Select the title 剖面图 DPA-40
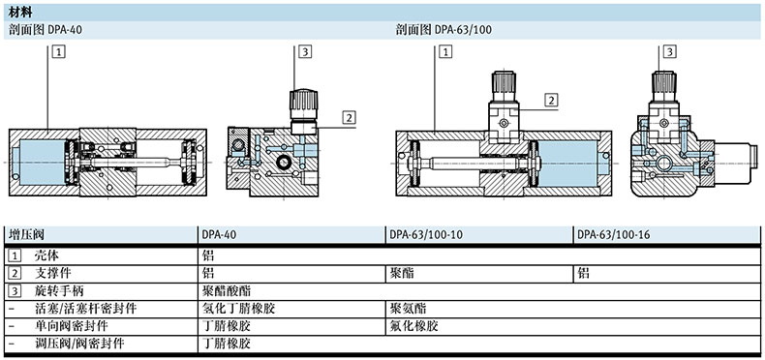46,30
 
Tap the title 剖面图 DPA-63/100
444,30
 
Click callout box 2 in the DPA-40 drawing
349,117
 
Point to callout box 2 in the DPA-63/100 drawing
552,101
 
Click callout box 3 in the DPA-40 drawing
305,51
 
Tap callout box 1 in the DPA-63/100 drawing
445,51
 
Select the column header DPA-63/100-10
425,234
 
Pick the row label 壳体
46,255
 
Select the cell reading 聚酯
402,273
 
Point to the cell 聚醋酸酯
227,291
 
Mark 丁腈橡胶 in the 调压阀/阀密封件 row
227,344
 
